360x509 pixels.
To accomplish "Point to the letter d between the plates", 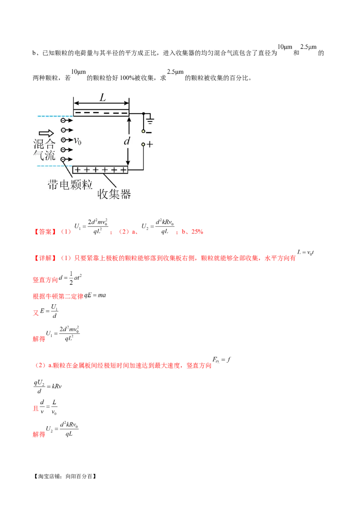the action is click(x=127, y=141).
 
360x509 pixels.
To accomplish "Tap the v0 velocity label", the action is click(x=77, y=141).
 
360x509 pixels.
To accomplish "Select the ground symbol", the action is click(x=150, y=120).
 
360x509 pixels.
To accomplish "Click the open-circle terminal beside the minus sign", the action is click(x=144, y=131).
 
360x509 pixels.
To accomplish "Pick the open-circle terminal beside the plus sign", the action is click(x=144, y=145).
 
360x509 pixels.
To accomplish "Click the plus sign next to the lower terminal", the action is click(x=150, y=145).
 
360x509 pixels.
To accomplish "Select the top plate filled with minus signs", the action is click(x=101, y=112).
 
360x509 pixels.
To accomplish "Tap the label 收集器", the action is click(x=114, y=194).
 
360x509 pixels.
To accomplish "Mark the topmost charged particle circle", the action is click(x=63, y=121).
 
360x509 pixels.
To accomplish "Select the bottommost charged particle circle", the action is click(x=63, y=159).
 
